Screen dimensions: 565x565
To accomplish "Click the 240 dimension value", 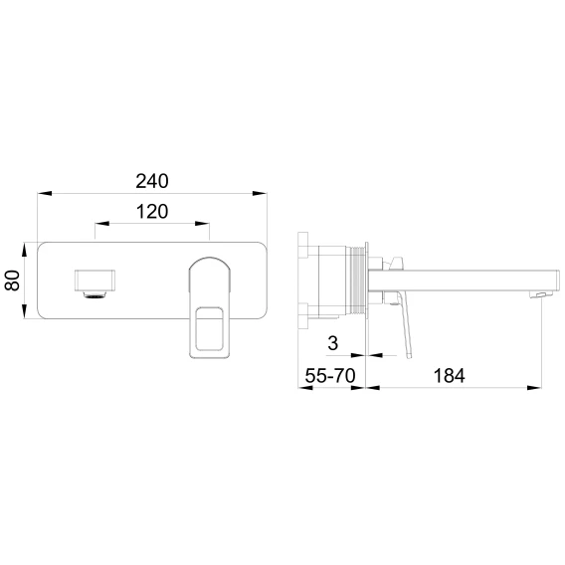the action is point(152,181).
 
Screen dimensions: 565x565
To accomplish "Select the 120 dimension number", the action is point(152,212).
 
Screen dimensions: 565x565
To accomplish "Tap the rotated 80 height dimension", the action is point(12,281).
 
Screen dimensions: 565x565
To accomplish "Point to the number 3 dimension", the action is point(333,343).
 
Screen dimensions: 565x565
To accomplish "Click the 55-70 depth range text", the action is point(330,375).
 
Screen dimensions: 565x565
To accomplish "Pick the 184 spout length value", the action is point(449,375).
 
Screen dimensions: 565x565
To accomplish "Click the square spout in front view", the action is point(94,280).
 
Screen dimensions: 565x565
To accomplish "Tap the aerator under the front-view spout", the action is point(95,294).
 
